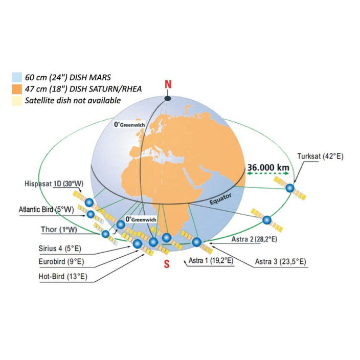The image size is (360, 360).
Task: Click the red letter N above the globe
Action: click(168, 84)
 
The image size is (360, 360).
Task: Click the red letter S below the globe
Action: click(167, 264)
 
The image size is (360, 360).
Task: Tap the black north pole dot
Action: click(168, 99)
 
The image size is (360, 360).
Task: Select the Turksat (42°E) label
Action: click(320, 156)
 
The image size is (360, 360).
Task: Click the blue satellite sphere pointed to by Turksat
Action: click(290, 188)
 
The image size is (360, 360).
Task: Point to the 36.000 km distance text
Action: click(268, 167)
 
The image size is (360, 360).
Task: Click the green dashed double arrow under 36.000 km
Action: click(268, 173)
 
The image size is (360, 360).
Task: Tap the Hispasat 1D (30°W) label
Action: click(54, 184)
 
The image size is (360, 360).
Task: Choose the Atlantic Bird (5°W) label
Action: click(46, 210)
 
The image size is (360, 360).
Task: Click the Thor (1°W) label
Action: click(59, 230)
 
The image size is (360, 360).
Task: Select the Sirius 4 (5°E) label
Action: click(60, 249)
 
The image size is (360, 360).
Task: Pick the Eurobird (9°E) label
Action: click(61, 261)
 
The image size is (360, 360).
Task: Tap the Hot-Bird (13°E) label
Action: click(63, 276)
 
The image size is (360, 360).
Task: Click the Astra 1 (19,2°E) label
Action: click(211, 261)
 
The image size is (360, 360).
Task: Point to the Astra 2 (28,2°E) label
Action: click(254, 239)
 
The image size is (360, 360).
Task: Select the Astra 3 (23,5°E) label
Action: click(281, 261)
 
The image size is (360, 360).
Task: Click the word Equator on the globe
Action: click(220, 199)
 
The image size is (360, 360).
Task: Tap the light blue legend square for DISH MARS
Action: click(17, 77)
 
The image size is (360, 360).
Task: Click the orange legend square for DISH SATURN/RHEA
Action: click(17, 89)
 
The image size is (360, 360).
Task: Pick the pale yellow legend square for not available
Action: click(17, 101)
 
